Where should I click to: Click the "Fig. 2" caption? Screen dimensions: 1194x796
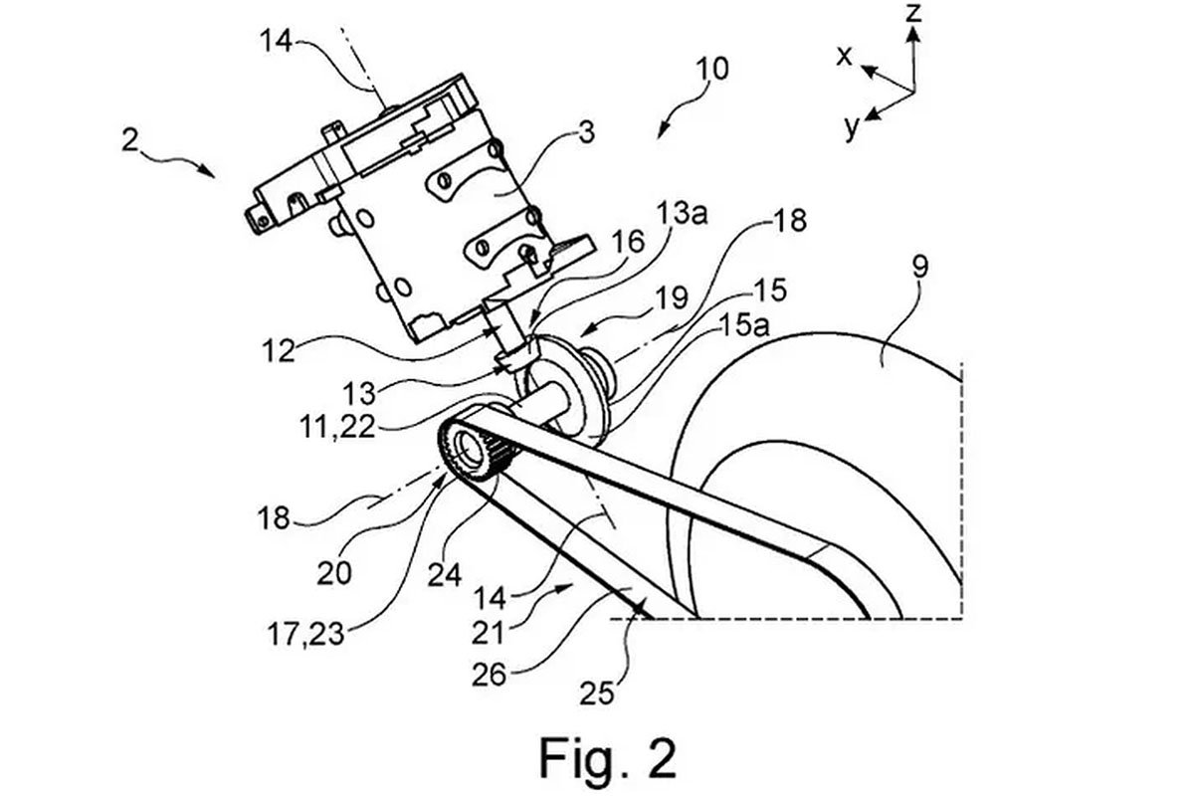click(608, 759)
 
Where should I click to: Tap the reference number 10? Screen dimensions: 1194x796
click(712, 70)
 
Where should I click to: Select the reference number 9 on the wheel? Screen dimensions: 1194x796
click(920, 266)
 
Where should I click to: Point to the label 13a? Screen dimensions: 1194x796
click(682, 213)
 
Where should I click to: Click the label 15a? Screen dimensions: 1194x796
click(744, 324)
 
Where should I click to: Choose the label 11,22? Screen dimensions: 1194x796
click(338, 427)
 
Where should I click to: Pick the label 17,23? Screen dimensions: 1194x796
click(306, 635)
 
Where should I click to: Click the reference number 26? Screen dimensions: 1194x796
click(489, 675)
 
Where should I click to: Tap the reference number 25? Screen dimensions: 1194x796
click(597, 694)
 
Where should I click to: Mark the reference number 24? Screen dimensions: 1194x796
click(445, 575)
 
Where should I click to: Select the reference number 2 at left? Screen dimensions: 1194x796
click(130, 140)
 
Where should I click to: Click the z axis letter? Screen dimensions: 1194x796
click(913, 13)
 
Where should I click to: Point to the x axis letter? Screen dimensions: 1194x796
click(845, 56)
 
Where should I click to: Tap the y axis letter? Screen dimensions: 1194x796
click(853, 128)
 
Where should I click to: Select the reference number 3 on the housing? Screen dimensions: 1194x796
click(586, 133)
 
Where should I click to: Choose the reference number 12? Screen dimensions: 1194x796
click(278, 351)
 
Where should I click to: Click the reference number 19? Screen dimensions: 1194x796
click(672, 298)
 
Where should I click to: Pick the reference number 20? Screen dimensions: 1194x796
click(334, 574)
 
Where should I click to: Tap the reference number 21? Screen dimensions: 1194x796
click(489, 634)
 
